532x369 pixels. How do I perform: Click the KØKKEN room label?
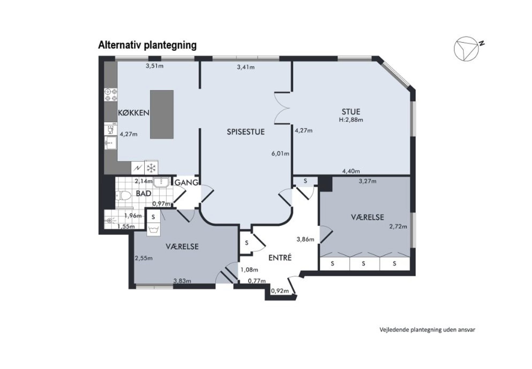(x=134, y=113)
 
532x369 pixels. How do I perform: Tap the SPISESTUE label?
(x=246, y=132)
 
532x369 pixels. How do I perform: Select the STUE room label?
(x=351, y=112)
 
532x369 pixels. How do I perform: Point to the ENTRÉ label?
(x=280, y=258)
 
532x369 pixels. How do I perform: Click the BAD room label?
(x=143, y=193)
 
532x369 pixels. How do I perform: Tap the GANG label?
(x=186, y=183)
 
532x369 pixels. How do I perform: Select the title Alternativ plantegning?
(x=147, y=45)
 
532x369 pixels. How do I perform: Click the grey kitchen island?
(x=162, y=114)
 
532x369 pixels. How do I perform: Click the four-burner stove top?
(x=111, y=95)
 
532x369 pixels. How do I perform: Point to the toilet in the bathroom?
(x=123, y=196)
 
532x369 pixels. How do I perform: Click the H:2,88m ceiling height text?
(x=351, y=120)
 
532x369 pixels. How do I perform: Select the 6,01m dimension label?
(x=280, y=153)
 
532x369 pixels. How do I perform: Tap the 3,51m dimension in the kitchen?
(x=154, y=66)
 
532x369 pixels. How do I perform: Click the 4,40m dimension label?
(x=351, y=171)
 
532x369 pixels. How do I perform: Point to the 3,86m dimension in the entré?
(x=305, y=239)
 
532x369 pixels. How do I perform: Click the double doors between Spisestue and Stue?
(x=283, y=108)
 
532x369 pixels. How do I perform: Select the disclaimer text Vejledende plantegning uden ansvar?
(x=427, y=330)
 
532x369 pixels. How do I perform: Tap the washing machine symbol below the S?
(x=153, y=229)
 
